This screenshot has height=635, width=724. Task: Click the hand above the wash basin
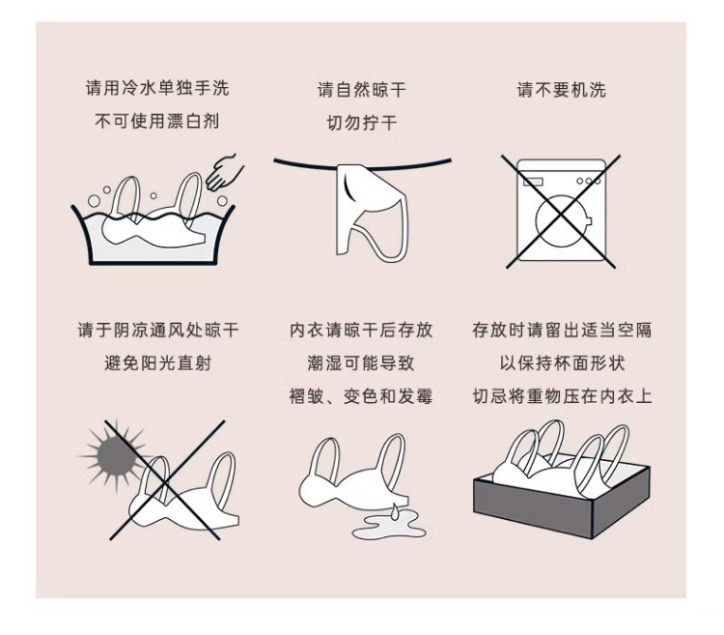coord(224,173)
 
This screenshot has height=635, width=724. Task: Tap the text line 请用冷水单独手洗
coord(157,88)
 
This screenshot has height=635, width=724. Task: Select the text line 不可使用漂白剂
coord(157,121)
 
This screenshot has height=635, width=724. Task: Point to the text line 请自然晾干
coord(362,90)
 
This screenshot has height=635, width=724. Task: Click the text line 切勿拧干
coord(362,123)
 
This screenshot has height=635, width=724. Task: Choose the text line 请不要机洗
coord(562,90)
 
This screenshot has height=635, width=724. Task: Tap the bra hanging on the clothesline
coord(373,212)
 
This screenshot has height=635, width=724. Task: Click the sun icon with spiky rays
coord(114,456)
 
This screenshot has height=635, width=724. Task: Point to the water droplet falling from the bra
coord(394,511)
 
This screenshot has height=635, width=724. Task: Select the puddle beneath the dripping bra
coord(388,527)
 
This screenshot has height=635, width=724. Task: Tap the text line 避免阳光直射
coord(157,363)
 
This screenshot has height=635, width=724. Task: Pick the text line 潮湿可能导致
coord(361,363)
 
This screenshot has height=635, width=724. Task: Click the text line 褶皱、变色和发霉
coord(361,396)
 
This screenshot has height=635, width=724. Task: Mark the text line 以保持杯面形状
coord(562,363)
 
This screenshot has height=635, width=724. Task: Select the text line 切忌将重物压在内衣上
coord(562,396)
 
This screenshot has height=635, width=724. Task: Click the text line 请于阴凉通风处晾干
coord(157,330)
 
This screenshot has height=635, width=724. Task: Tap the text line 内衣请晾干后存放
coord(361,330)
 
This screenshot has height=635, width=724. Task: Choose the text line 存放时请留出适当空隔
coord(562,330)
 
